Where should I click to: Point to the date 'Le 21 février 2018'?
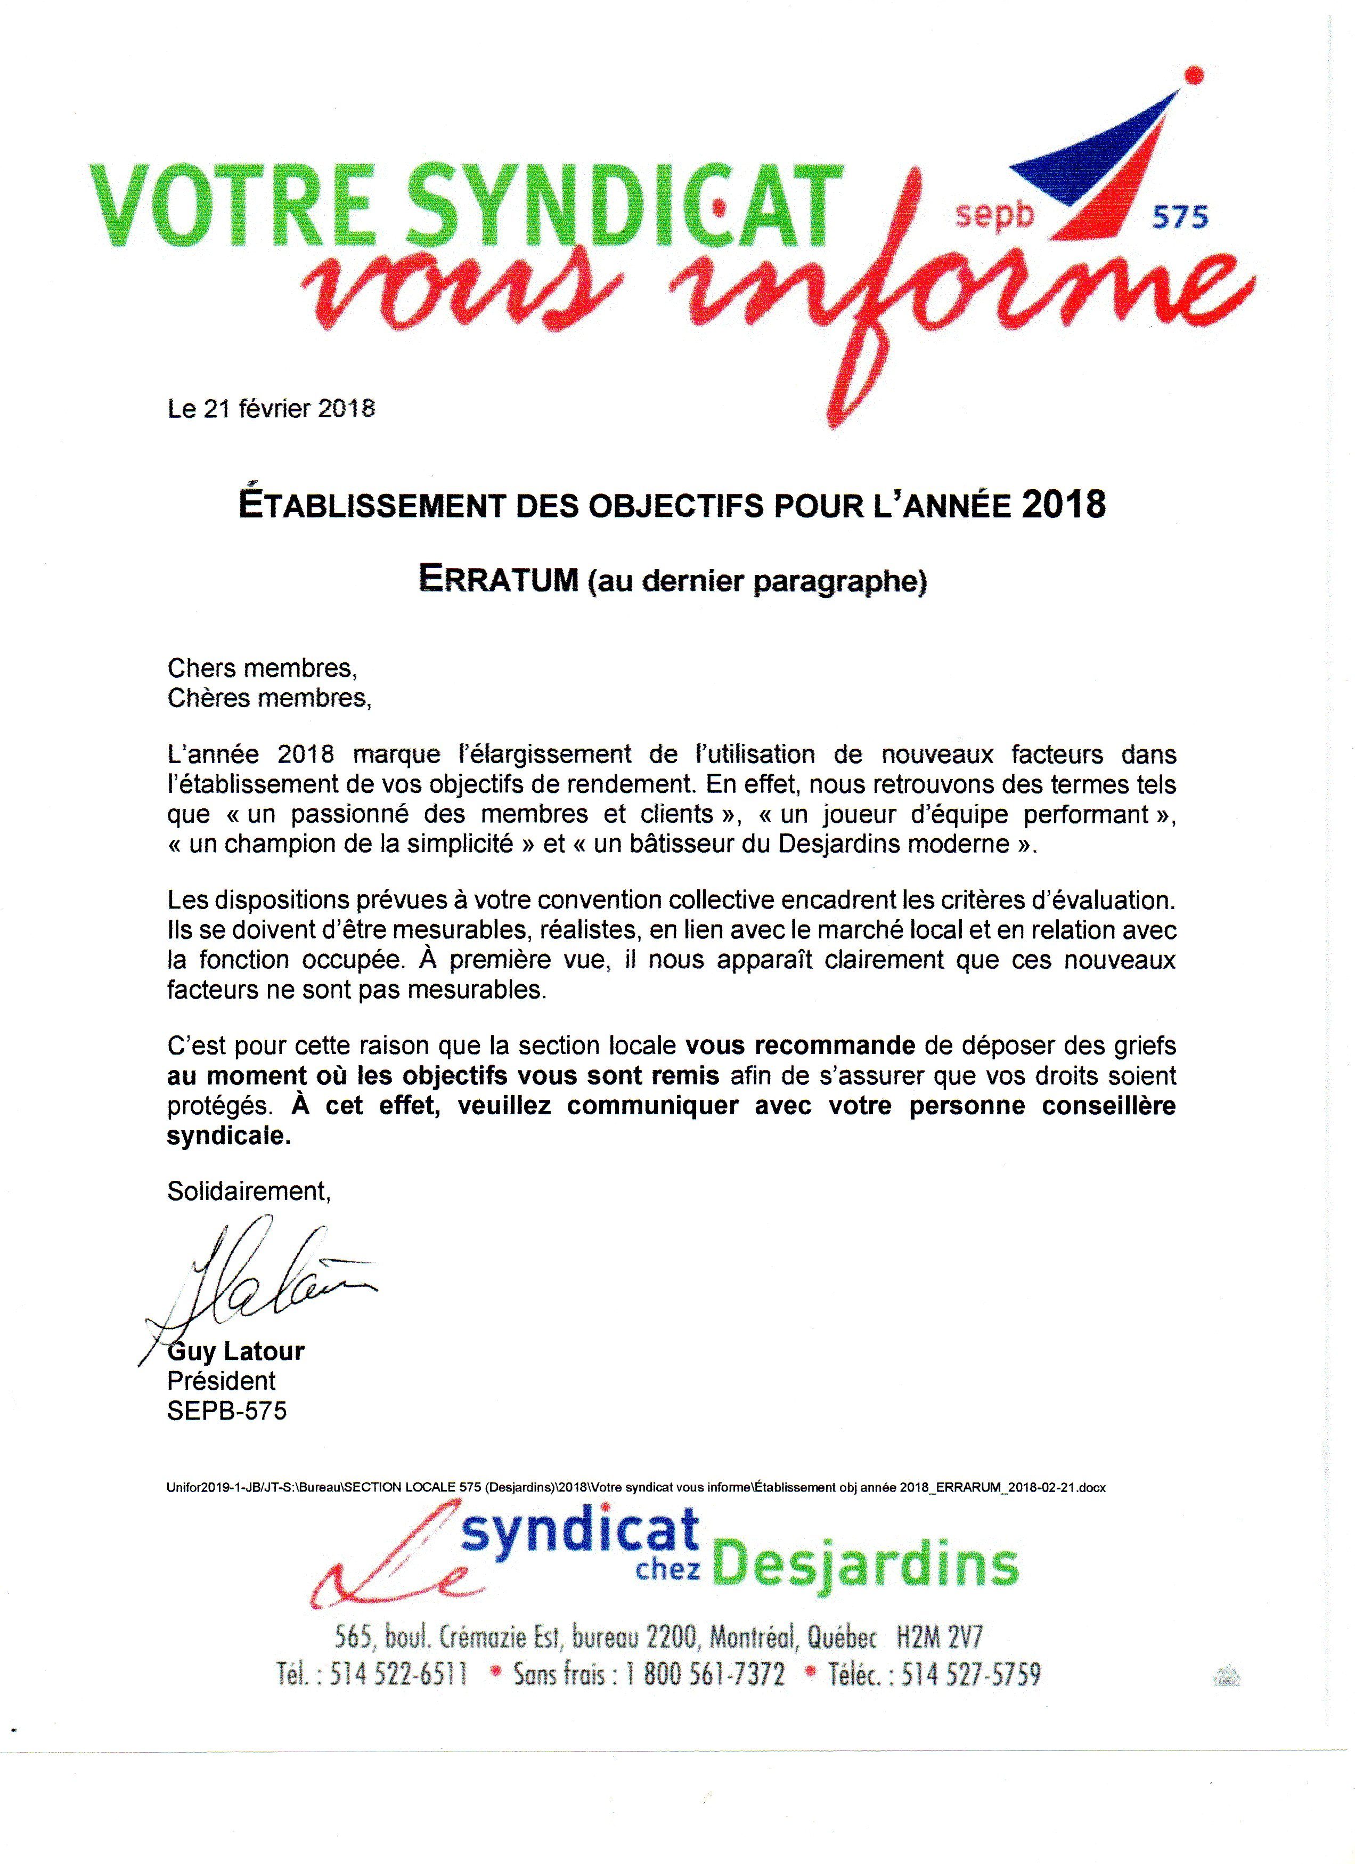(x=271, y=409)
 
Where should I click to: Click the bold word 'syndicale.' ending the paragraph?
(x=229, y=1137)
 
